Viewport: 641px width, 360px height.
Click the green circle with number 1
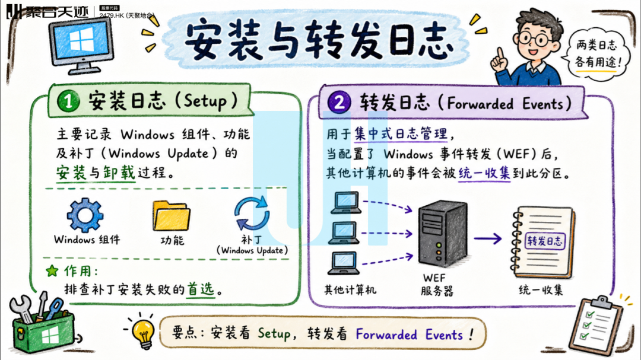coord(68,100)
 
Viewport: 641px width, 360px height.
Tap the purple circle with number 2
coord(339,102)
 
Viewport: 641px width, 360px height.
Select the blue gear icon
coord(85,215)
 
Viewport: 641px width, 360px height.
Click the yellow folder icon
coord(172,215)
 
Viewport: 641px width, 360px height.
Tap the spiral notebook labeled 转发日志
coord(543,242)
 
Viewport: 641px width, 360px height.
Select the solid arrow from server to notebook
coord(488,238)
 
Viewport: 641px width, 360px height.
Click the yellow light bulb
coord(143,331)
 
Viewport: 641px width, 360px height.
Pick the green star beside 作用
coord(52,270)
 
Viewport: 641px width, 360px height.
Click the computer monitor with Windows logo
coord(81,46)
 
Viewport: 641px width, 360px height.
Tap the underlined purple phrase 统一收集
coord(484,174)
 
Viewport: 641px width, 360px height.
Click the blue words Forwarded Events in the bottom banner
coord(409,334)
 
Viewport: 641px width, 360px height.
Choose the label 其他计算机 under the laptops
coord(350,290)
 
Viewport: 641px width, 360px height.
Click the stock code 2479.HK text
coord(111,15)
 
